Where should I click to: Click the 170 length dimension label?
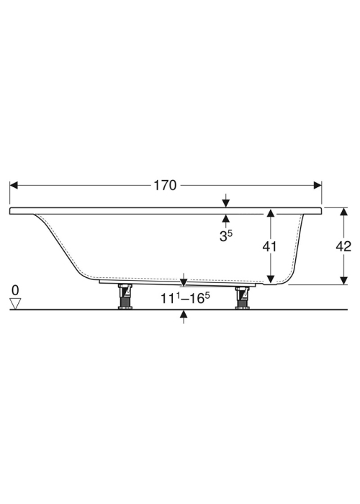[165, 186]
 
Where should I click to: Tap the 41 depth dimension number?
[269, 246]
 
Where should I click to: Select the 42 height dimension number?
[343, 246]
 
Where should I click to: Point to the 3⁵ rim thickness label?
[226, 236]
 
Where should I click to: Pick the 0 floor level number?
[15, 290]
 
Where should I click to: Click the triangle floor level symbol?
[15, 303]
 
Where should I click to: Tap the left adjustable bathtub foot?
[125, 297]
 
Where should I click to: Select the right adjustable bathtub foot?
[243, 297]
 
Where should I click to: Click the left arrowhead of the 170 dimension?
[14, 186]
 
